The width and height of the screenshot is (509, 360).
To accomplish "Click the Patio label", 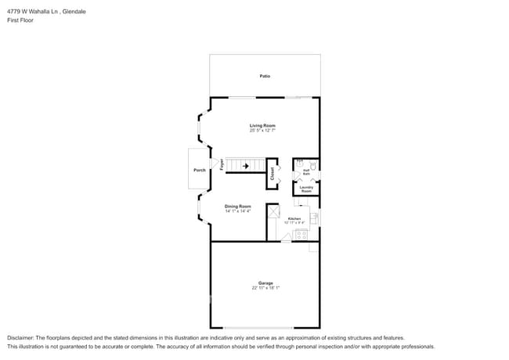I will tap(265, 76).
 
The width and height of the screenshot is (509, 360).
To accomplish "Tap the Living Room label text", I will tap(262, 125).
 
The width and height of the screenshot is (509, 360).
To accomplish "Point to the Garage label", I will tap(265, 283).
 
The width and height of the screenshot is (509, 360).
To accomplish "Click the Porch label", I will tap(199, 170).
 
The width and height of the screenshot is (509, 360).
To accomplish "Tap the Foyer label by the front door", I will tap(222, 165).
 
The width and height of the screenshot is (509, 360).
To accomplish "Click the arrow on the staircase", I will tap(246, 166).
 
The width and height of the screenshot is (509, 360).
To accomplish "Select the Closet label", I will tap(273, 173).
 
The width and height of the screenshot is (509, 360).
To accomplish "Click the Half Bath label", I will tap(306, 171).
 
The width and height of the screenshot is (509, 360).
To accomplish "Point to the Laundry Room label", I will tap(306, 189).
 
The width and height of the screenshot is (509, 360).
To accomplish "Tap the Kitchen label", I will tap(294, 218).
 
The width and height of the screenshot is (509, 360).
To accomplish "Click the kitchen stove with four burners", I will tap(301, 234).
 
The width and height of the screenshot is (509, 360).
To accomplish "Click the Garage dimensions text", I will tap(265, 288).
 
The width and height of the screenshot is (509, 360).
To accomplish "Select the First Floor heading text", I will tap(20, 20).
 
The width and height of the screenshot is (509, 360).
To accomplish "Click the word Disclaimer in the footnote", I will tap(21, 338).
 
